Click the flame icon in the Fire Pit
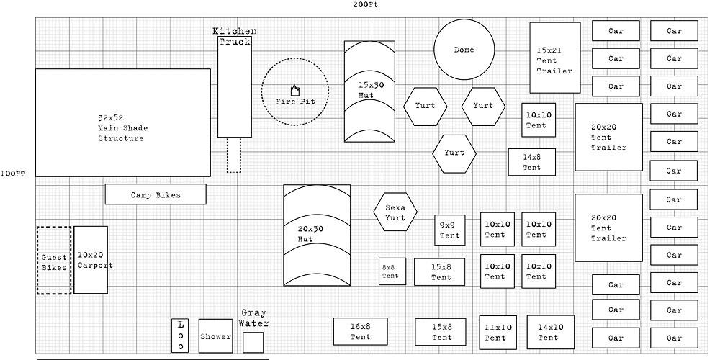click(294, 90)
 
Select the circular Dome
click(464, 50)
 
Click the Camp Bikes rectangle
click(156, 194)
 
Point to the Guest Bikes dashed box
click(53, 261)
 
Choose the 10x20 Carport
click(91, 260)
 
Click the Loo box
click(181, 336)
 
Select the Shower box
click(216, 336)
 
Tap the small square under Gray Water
click(253, 342)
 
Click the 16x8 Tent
click(361, 331)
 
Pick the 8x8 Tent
click(390, 271)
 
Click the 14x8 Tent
click(531, 162)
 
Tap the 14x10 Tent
click(550, 332)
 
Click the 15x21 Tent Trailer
click(555, 58)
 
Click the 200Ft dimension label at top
click(366, 4)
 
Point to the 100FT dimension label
click(13, 174)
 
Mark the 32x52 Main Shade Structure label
click(122, 127)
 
